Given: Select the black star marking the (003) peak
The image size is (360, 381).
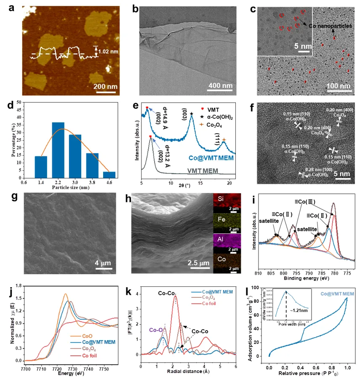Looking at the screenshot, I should point(192,114).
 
